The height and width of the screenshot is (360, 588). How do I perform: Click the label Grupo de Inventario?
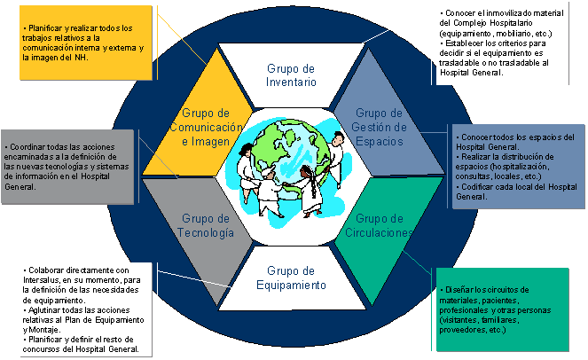point(292,74)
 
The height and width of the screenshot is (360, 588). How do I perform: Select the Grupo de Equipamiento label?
point(292,278)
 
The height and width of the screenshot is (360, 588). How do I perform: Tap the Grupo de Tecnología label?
point(205,225)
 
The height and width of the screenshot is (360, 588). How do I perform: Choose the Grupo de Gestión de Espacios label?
point(380,126)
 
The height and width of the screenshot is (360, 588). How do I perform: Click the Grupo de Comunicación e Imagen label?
point(205,126)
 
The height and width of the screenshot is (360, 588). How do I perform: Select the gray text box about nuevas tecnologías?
point(69,165)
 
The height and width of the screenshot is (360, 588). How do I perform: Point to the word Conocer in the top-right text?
point(463,13)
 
